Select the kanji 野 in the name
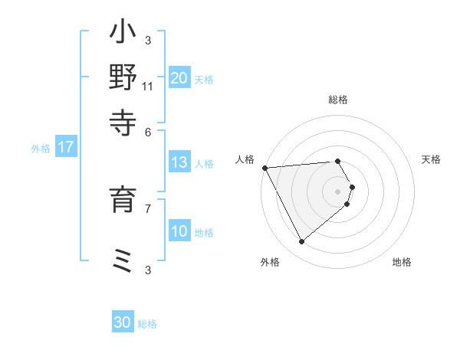tap(123, 78)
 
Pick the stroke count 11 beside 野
tap(148, 86)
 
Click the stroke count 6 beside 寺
tap(148, 131)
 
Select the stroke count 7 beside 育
tap(148, 207)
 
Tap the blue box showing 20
tap(179, 78)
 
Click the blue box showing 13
tap(179, 162)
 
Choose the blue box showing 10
tap(179, 232)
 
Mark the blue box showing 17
tap(65, 148)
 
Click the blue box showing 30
tap(123, 322)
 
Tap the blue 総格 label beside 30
tap(147, 324)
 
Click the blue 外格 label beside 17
tap(41, 149)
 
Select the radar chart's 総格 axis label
tap(338, 100)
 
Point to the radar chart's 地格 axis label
tap(402, 262)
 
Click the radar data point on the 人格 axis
tap(264, 167)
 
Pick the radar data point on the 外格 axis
tap(301, 241)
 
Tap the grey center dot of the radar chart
tap(338, 191)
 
